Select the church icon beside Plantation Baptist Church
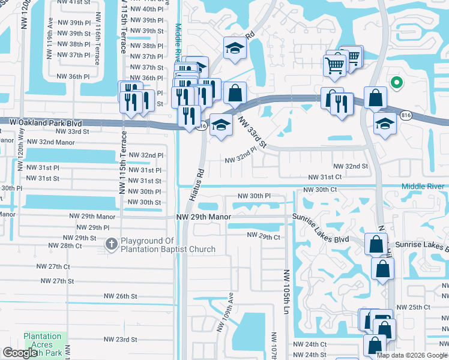111,244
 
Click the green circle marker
396,83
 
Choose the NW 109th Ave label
230,310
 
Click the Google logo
20,353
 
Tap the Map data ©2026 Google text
412,355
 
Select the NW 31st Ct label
325,177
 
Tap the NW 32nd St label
351,166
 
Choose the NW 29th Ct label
264,237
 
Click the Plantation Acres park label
43,340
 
